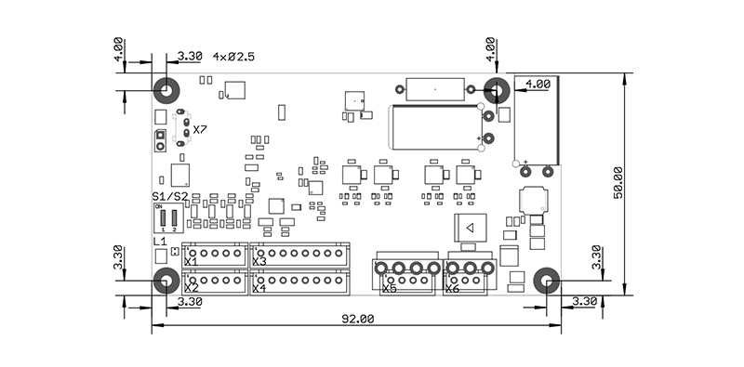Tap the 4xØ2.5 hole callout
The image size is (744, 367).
click(233, 57)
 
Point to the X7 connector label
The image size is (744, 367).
click(200, 129)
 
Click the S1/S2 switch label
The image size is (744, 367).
click(170, 197)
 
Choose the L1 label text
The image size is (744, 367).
click(159, 241)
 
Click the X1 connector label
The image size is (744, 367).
click(191, 262)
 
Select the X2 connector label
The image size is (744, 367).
click(191, 288)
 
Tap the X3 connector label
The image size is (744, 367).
click(259, 262)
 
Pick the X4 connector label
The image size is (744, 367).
click(259, 288)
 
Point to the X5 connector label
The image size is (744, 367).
click(389, 289)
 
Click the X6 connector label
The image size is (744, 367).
click(452, 289)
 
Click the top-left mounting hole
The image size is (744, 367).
click(166, 91)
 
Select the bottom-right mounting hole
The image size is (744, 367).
click(547, 281)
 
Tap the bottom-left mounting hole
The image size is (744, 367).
click(166, 281)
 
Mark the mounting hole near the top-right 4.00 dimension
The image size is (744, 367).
click(496, 91)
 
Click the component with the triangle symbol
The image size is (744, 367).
click(470, 229)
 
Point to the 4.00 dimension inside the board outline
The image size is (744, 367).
click(538, 84)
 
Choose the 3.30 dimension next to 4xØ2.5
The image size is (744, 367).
click(189, 57)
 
